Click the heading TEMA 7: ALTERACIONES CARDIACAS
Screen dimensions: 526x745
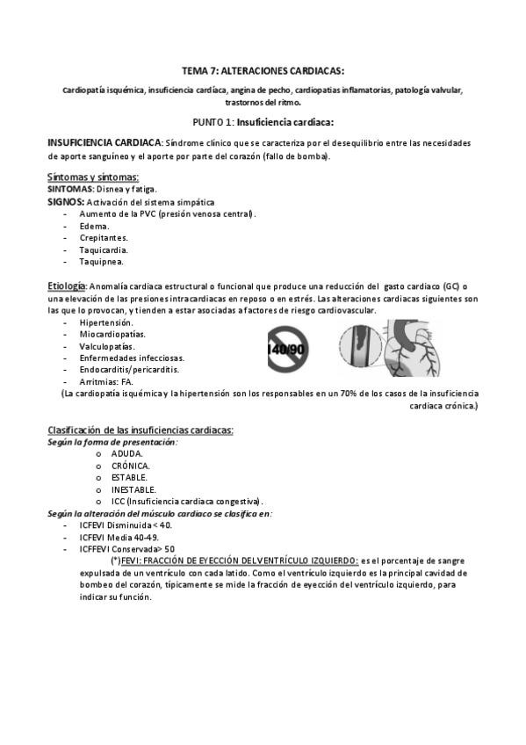tap(263, 70)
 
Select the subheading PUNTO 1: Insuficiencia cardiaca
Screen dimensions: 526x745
tap(263, 122)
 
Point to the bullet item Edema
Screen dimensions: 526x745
tap(94, 226)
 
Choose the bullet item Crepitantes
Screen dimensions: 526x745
tap(104, 237)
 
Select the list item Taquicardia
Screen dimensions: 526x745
tap(103, 250)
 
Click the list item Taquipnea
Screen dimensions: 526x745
tap(101, 261)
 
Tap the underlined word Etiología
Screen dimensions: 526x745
tap(66, 286)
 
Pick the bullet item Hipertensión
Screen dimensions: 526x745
tap(106, 323)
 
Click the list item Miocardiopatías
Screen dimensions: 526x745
tap(112, 335)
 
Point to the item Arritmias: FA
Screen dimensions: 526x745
tap(105, 382)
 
